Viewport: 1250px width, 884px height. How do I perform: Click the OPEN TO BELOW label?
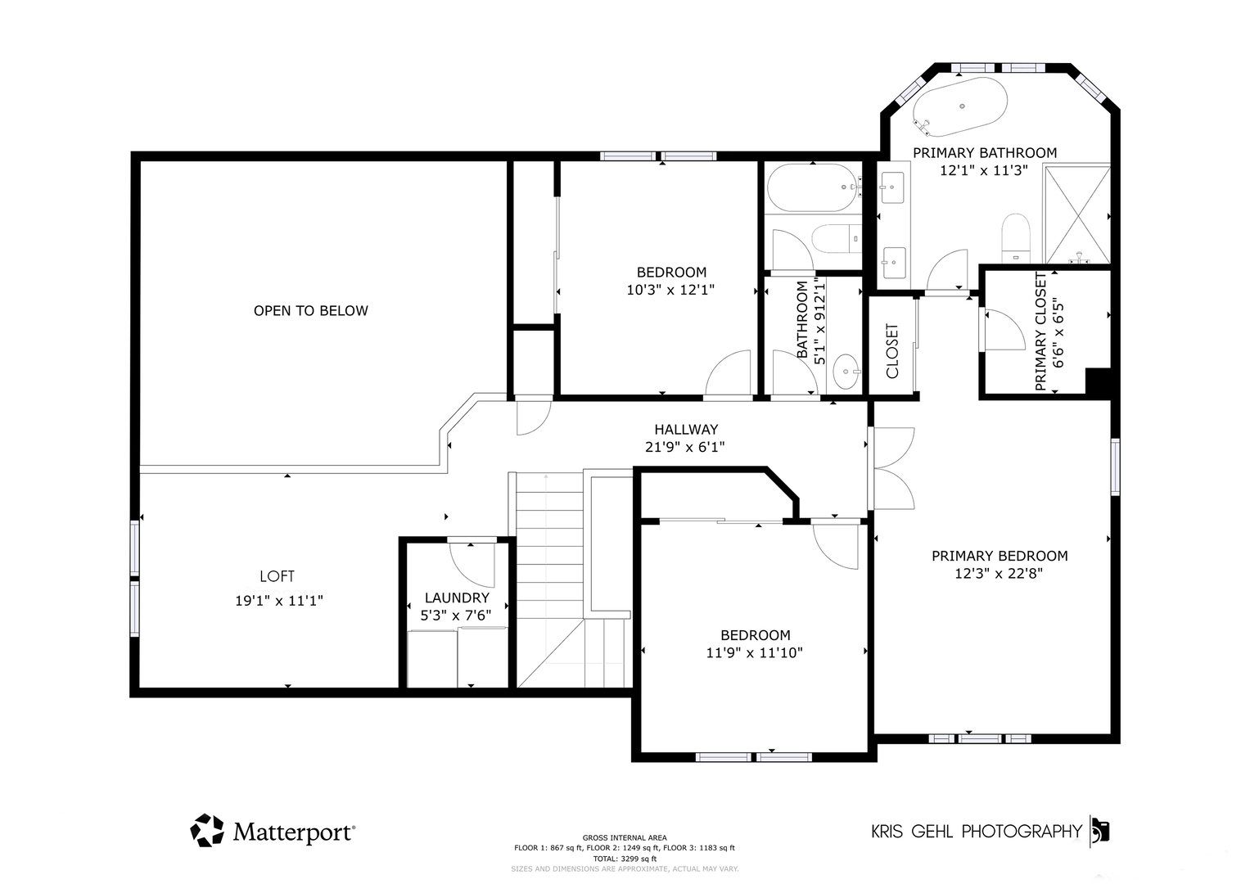[311, 311]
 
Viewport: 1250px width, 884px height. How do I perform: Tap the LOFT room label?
[277, 576]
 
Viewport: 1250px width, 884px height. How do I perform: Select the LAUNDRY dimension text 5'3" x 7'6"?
[455, 615]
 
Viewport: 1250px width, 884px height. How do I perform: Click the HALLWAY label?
[686, 429]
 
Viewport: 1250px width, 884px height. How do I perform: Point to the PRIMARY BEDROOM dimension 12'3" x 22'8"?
[999, 573]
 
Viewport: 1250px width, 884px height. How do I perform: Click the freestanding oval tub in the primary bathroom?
[960, 106]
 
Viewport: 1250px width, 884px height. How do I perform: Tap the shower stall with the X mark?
[1077, 214]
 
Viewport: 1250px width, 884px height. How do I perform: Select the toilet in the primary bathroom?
[1016, 238]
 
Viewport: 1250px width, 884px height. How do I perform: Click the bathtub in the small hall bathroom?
[814, 187]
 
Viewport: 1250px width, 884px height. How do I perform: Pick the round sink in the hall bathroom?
[846, 371]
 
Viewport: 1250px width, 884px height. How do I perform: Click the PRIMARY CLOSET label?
[1040, 331]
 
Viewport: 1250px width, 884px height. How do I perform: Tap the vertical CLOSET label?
[892, 350]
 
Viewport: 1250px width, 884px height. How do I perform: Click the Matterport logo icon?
[207, 830]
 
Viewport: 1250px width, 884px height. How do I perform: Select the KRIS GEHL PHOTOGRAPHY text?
[977, 832]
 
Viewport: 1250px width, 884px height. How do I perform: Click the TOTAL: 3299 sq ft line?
[625, 859]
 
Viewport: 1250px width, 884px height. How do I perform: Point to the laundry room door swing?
[472, 565]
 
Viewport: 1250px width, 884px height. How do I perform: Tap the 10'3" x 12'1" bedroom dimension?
[670, 290]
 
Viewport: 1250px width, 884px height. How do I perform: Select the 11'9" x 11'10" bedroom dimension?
[755, 652]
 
